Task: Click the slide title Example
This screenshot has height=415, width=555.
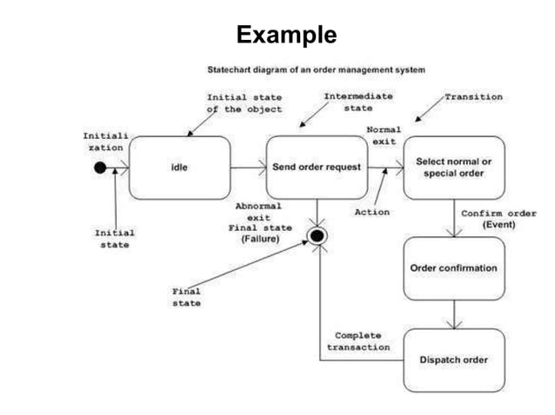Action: coord(285,35)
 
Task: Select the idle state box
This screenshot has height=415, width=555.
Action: coord(179,168)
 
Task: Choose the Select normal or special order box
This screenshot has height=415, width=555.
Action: coord(453,168)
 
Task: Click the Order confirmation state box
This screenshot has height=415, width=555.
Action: coord(453,268)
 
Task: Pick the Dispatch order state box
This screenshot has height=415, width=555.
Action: coord(453,359)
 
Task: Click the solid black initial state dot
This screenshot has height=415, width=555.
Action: coord(101,168)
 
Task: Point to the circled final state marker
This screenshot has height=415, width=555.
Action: coord(318,236)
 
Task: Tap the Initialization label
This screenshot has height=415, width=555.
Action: coord(103,142)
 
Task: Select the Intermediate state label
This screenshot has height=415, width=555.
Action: coord(358,102)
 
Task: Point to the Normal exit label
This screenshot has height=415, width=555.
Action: coord(383,135)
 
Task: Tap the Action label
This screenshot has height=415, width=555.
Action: coord(371,211)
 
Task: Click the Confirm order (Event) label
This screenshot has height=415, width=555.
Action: coord(498,219)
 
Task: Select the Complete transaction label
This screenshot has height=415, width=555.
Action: coord(358,341)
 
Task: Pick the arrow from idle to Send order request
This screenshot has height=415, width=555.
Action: coord(248,168)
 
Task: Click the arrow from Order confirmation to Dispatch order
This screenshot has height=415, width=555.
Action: coord(453,313)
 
